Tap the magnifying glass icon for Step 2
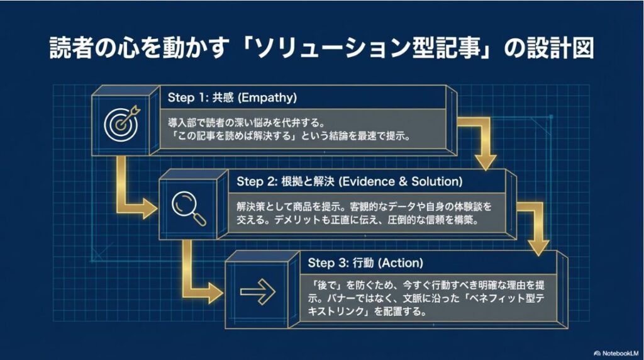click(x=189, y=207)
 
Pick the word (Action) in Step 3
click(x=401, y=262)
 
